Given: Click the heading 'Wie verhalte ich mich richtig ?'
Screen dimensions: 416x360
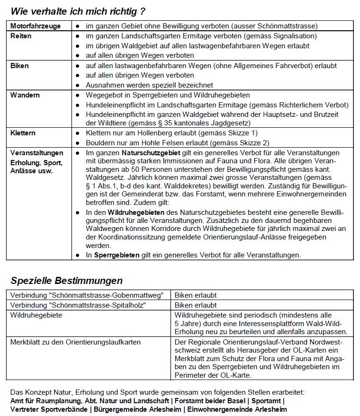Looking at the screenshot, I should coord(78,10).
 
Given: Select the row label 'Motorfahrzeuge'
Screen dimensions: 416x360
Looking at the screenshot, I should coord(36,26).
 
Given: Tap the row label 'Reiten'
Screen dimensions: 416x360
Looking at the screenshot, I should coord(21,36).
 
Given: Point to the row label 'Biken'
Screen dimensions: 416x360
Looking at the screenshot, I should coord(19,65).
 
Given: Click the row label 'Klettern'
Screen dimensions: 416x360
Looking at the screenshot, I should coord(23,133).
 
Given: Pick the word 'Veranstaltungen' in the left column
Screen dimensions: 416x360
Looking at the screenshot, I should coord(36,153).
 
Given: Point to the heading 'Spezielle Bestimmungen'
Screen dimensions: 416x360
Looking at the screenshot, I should coord(67,281).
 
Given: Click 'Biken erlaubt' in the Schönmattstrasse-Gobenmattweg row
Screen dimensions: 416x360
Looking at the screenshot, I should coord(196,295).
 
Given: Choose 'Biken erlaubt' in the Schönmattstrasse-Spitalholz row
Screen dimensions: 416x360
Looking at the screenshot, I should coord(196,305).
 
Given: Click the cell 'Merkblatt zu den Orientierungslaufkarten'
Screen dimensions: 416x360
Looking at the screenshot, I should coord(75,342).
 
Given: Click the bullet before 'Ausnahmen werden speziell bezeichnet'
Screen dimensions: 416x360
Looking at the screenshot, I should coord(77,85).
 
